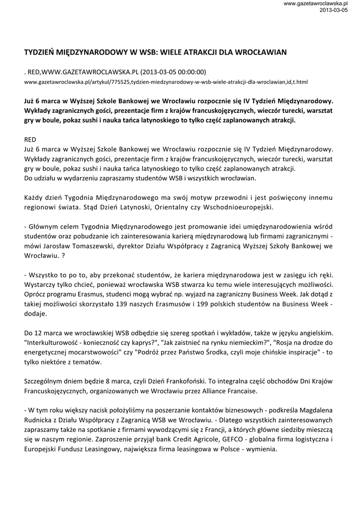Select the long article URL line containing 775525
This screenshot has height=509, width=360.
pos(166,81)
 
